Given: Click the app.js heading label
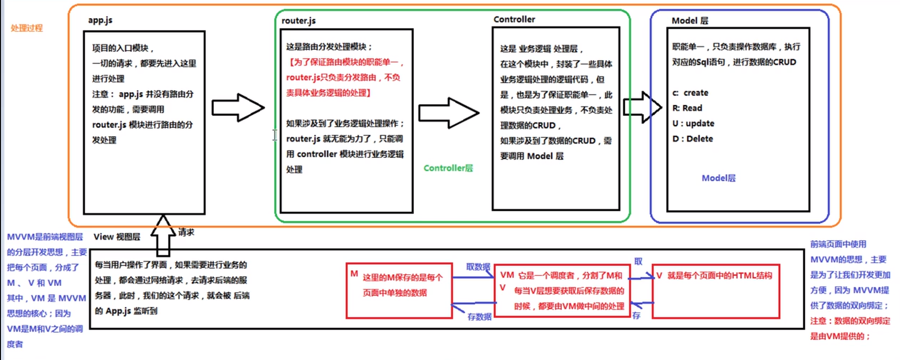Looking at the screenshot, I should click(100, 20).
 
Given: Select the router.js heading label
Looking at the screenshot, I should click(298, 20).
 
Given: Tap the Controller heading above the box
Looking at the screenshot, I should click(514, 19).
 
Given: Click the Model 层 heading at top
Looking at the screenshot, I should click(689, 20).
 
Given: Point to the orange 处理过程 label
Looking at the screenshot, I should click(27, 28).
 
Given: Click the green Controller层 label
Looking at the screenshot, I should click(448, 168).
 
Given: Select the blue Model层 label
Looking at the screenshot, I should click(718, 178).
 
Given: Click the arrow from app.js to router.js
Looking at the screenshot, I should click(237, 108).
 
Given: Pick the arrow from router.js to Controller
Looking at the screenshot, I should click(448, 113).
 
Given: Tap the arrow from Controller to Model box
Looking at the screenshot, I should click(642, 108).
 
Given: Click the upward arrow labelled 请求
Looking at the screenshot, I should click(163, 235).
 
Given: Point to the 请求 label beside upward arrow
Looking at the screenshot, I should click(186, 232).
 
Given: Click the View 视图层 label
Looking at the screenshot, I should click(117, 237).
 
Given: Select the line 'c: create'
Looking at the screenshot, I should click(690, 92).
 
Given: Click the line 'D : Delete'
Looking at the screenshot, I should click(693, 138).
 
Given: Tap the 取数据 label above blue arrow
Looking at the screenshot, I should click(478, 267).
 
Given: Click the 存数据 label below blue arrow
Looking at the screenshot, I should click(479, 316).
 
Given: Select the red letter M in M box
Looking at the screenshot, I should click(354, 274).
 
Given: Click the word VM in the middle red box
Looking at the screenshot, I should click(507, 275).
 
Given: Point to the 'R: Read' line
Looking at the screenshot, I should click(687, 108).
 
